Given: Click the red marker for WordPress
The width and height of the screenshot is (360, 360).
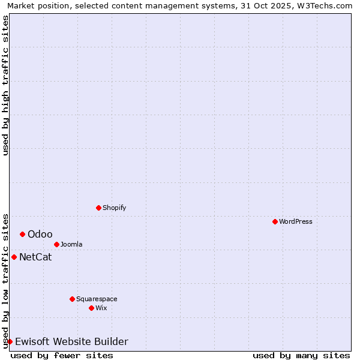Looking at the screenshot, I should (275, 221).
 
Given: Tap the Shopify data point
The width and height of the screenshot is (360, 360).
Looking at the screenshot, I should (98, 208).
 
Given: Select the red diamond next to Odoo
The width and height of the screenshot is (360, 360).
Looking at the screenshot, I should (22, 234).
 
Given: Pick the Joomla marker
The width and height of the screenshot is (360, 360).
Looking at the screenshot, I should (56, 244).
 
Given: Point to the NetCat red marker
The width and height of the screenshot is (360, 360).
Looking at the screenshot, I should (14, 257).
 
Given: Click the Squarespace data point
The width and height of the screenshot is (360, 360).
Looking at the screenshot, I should (72, 299).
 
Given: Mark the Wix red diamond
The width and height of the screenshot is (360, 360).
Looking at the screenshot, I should (91, 308).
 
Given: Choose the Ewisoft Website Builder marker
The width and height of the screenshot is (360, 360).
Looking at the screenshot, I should (10, 341).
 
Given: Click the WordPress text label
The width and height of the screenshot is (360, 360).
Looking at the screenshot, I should (296, 221).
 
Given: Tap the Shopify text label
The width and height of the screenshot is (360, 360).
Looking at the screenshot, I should (114, 208).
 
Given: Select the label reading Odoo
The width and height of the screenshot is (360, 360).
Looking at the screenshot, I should (40, 234).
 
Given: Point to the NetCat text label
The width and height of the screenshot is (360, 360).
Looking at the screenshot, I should (35, 257).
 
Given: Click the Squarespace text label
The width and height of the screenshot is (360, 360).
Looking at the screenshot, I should (97, 299).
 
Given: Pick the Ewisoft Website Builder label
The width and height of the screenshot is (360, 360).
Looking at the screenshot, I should (71, 342).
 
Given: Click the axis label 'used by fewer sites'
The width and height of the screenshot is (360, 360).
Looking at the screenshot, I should (62, 355).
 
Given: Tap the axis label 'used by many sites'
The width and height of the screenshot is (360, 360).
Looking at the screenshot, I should (301, 355).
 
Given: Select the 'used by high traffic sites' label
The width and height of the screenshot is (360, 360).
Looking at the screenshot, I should (5, 85).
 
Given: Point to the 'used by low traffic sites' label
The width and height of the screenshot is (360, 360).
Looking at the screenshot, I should (5, 280).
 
